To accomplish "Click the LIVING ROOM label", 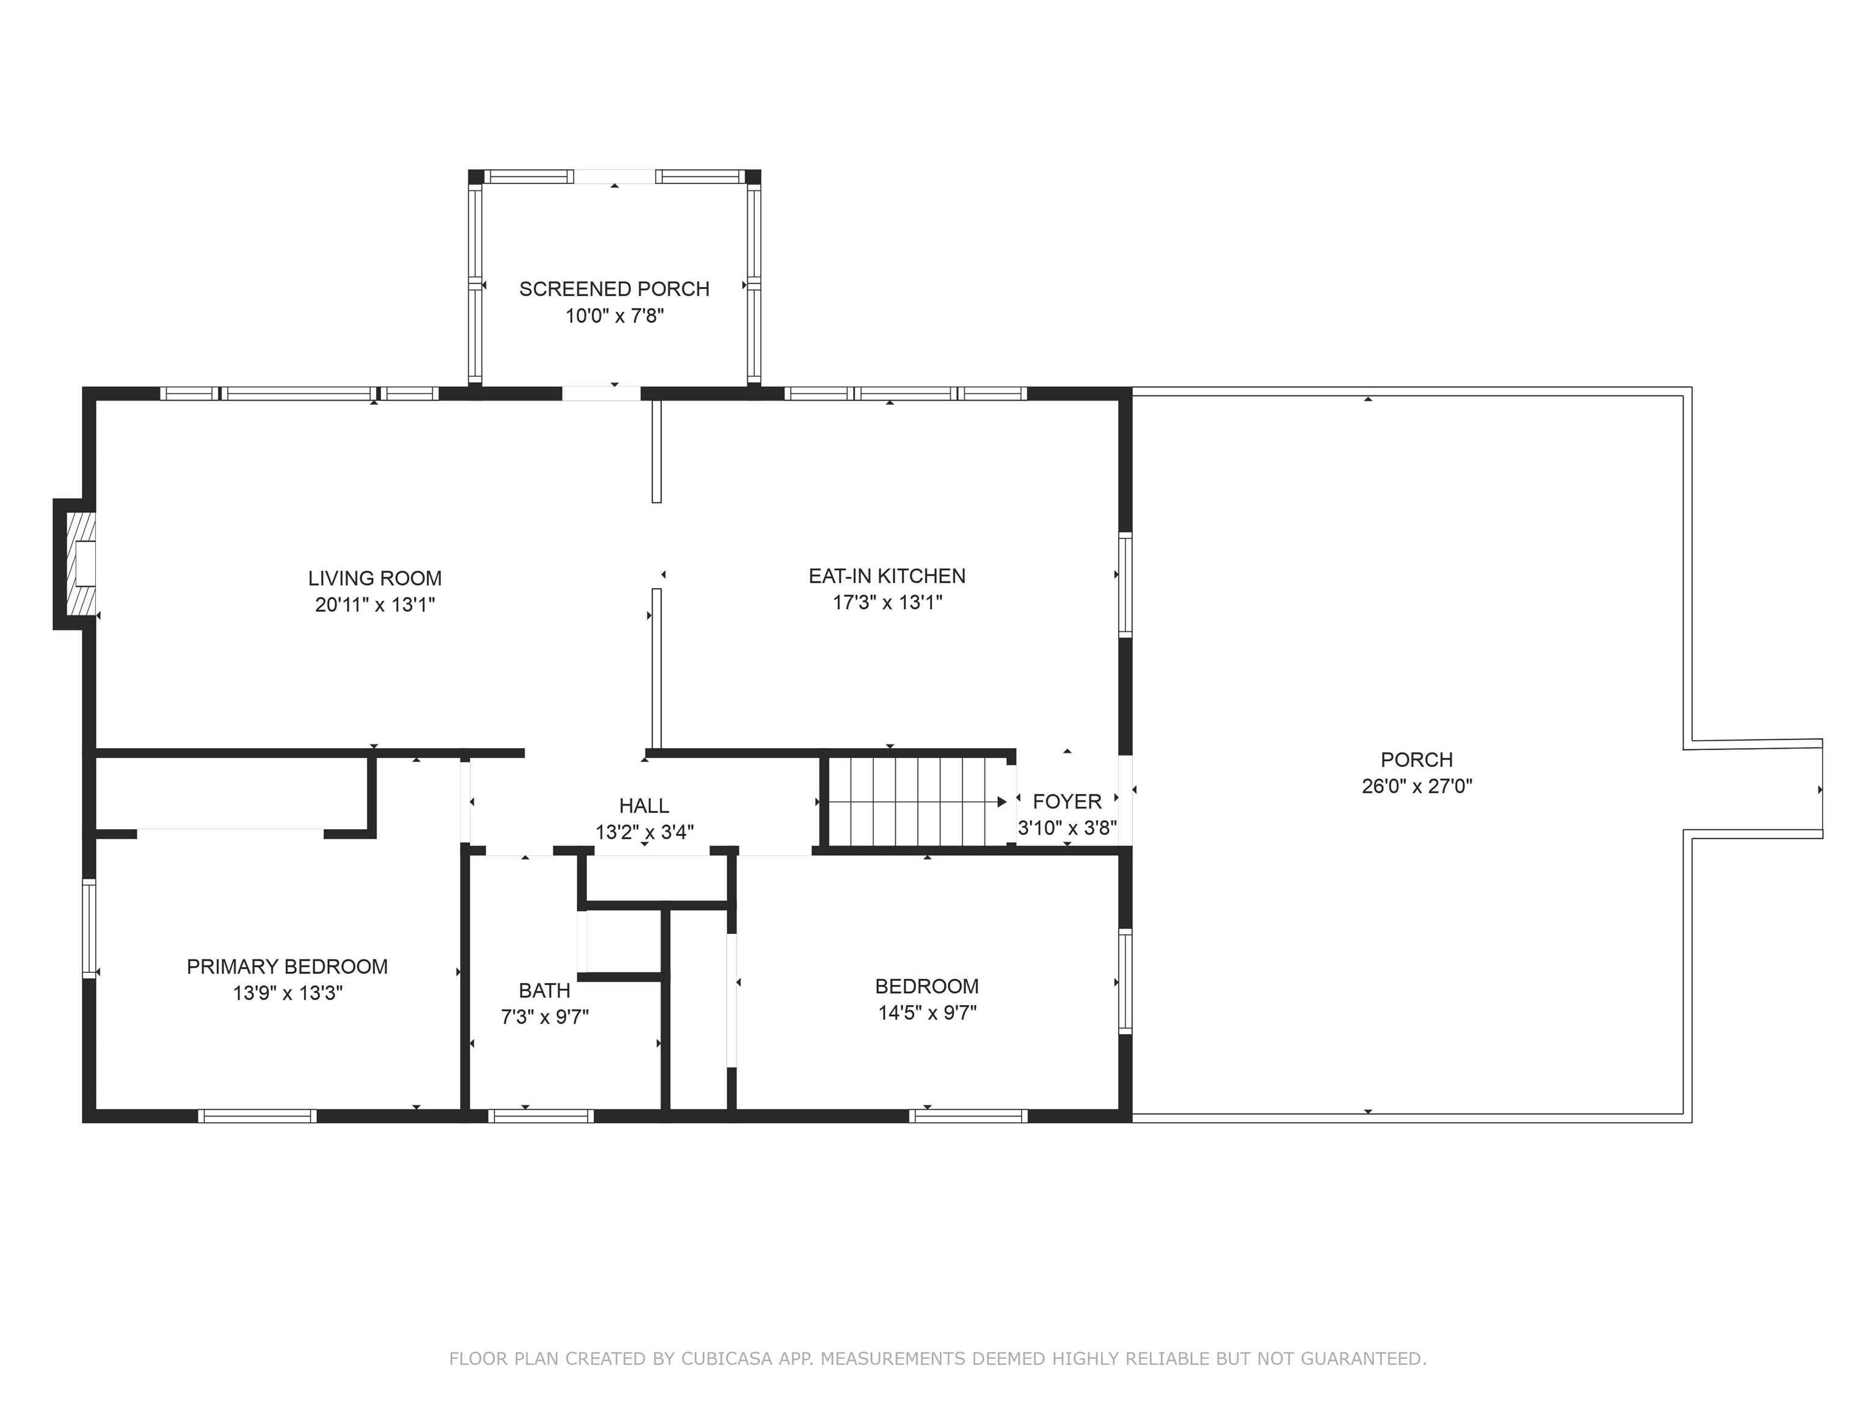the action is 375,578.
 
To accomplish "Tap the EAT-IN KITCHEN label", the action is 887,576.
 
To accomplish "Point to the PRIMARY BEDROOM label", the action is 288,966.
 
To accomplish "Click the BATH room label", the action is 545,990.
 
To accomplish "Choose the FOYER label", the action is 1067,801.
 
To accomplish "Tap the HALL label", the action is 644,805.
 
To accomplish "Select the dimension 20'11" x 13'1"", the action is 375,605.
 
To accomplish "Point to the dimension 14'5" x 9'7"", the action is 927,1013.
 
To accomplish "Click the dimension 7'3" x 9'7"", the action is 545,1017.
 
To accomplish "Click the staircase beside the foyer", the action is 918,801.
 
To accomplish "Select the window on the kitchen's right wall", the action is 1125,584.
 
